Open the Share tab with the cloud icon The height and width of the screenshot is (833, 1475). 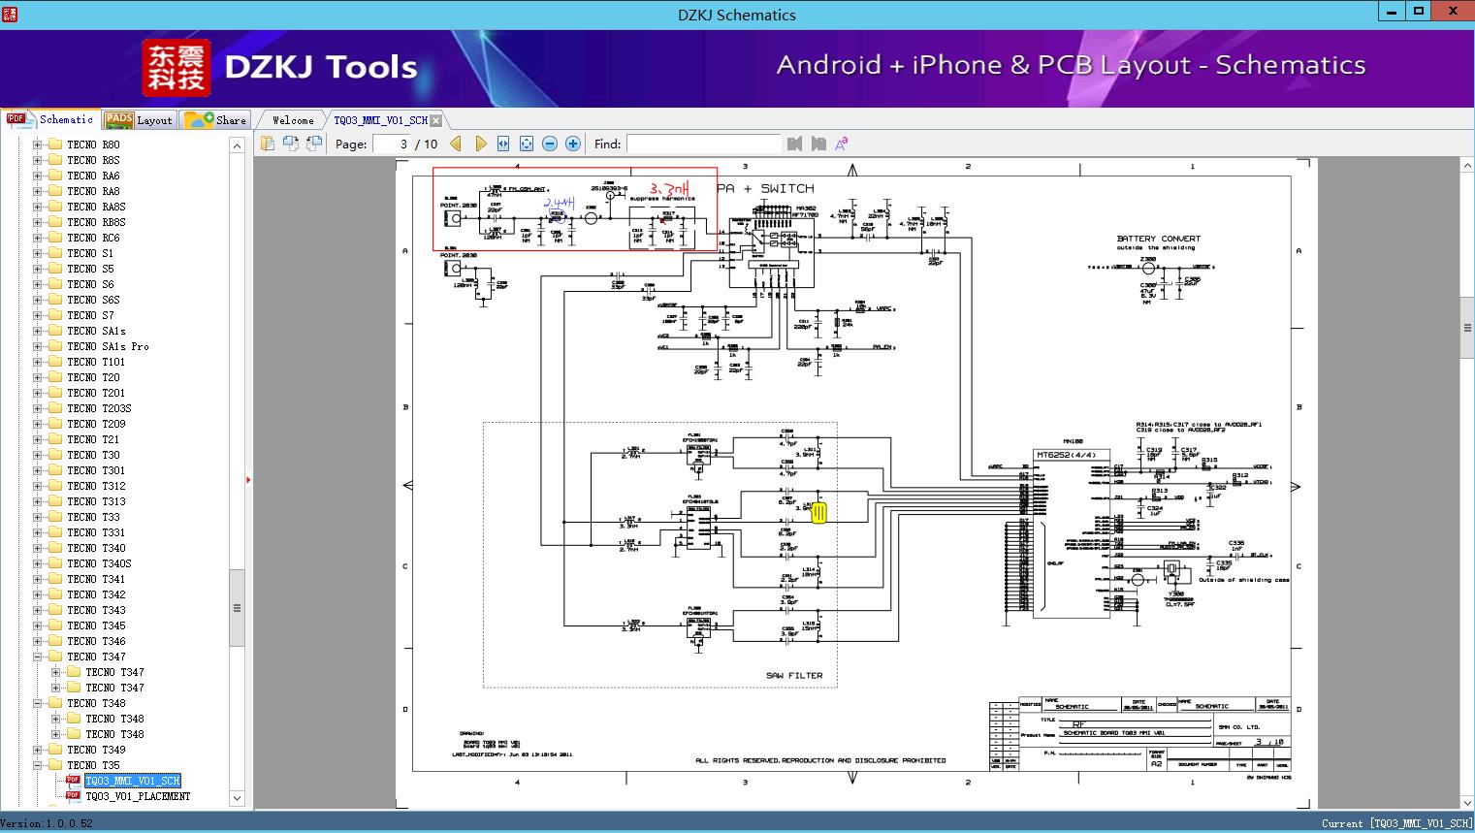(216, 120)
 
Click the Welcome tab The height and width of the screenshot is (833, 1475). (292, 120)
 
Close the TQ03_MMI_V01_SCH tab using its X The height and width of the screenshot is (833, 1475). (436, 120)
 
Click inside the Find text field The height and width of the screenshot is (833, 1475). (703, 144)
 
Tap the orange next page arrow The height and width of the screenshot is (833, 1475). (480, 144)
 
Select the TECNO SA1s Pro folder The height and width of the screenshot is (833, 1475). (108, 346)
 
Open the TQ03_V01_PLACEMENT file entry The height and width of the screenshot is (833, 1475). (137, 796)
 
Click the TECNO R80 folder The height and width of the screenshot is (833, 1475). (93, 144)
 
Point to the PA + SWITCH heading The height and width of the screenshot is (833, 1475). (765, 188)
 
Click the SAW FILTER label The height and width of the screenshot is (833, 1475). (793, 675)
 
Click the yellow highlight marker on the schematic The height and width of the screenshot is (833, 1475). (818, 513)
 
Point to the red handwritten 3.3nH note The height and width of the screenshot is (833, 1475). (671, 188)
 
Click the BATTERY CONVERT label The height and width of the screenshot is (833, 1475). (1158, 239)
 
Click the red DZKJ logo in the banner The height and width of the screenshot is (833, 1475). (176, 67)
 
